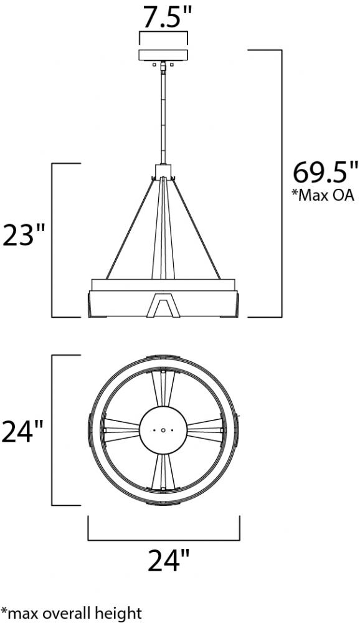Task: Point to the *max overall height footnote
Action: (x=71, y=612)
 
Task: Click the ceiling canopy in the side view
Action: (x=163, y=55)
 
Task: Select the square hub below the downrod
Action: (x=163, y=172)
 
